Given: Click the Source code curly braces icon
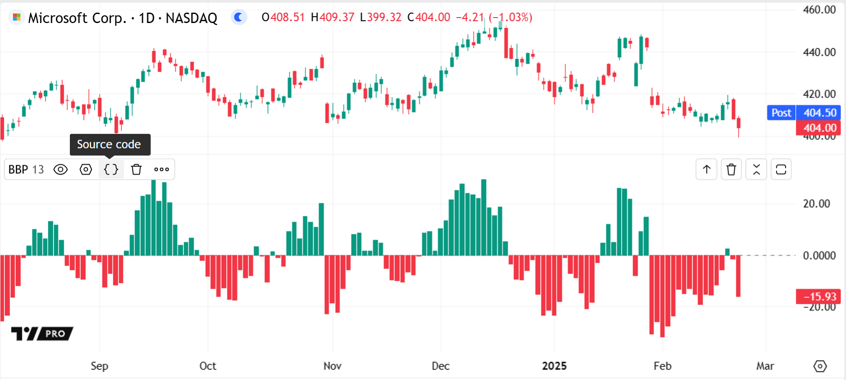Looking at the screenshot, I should coord(111,169).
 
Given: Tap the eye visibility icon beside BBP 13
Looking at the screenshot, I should coord(60,169).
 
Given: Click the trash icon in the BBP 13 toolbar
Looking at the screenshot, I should coord(136,169).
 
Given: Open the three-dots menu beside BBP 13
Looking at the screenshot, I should coord(162,169).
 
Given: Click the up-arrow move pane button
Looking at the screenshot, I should coord(707,170).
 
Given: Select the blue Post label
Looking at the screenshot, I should coord(781,112).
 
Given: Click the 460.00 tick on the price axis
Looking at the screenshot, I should coord(819,10).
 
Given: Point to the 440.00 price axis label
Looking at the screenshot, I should coord(819,52).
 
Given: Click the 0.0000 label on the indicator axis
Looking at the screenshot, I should coord(819,256).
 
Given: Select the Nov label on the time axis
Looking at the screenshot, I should coord(332,366).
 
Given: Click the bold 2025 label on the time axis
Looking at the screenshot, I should coord(554,366).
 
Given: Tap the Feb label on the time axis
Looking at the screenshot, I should coord(662,366).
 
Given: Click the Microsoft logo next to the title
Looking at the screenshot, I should coord(17,18).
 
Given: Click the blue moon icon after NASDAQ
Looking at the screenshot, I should coord(238,18).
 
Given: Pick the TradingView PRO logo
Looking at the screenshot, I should coord(42,334).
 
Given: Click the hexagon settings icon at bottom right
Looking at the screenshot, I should coord(820,366).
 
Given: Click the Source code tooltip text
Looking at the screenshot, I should coord(109,144).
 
